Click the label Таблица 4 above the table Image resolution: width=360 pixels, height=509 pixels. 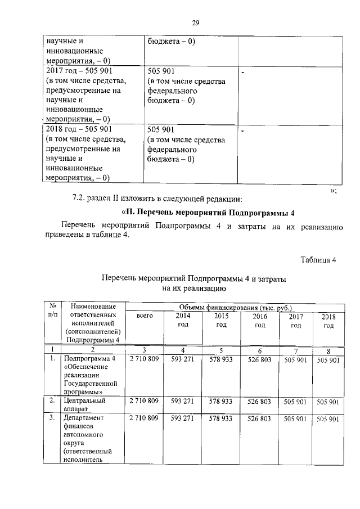coord(318,259)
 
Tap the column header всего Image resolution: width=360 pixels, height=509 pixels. coord(145,317)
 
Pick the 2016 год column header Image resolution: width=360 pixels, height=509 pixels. coord(259,321)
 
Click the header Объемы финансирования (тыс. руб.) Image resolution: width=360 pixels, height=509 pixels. coord(235,308)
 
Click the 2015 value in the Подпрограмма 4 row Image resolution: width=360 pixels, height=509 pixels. coord(221,359)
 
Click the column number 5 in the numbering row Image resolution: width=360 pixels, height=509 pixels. coord(221,350)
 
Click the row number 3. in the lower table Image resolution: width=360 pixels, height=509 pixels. coord(52,419)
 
